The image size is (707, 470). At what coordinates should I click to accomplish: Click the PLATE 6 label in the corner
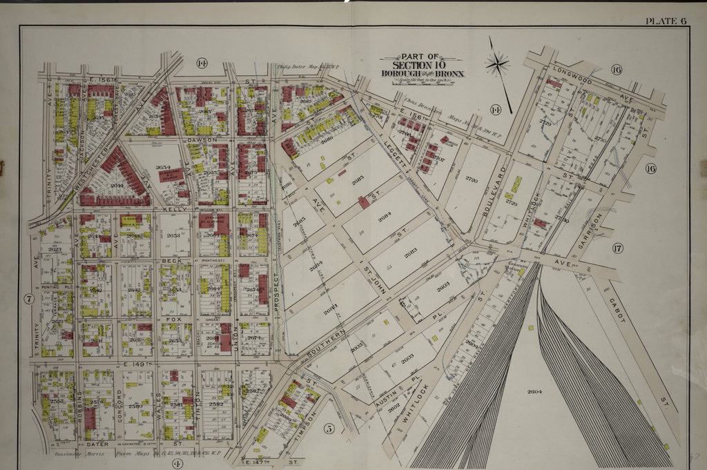pyautogui.click(x=666, y=21)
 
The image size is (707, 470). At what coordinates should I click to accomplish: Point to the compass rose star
pyautogui.click(x=496, y=65)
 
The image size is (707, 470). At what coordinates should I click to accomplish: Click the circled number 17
pyautogui.click(x=617, y=248)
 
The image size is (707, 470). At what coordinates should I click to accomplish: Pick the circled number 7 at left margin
pyautogui.click(x=29, y=299)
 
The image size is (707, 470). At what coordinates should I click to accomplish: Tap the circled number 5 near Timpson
pyautogui.click(x=329, y=429)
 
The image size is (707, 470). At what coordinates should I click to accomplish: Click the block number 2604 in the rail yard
pyautogui.click(x=536, y=392)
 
